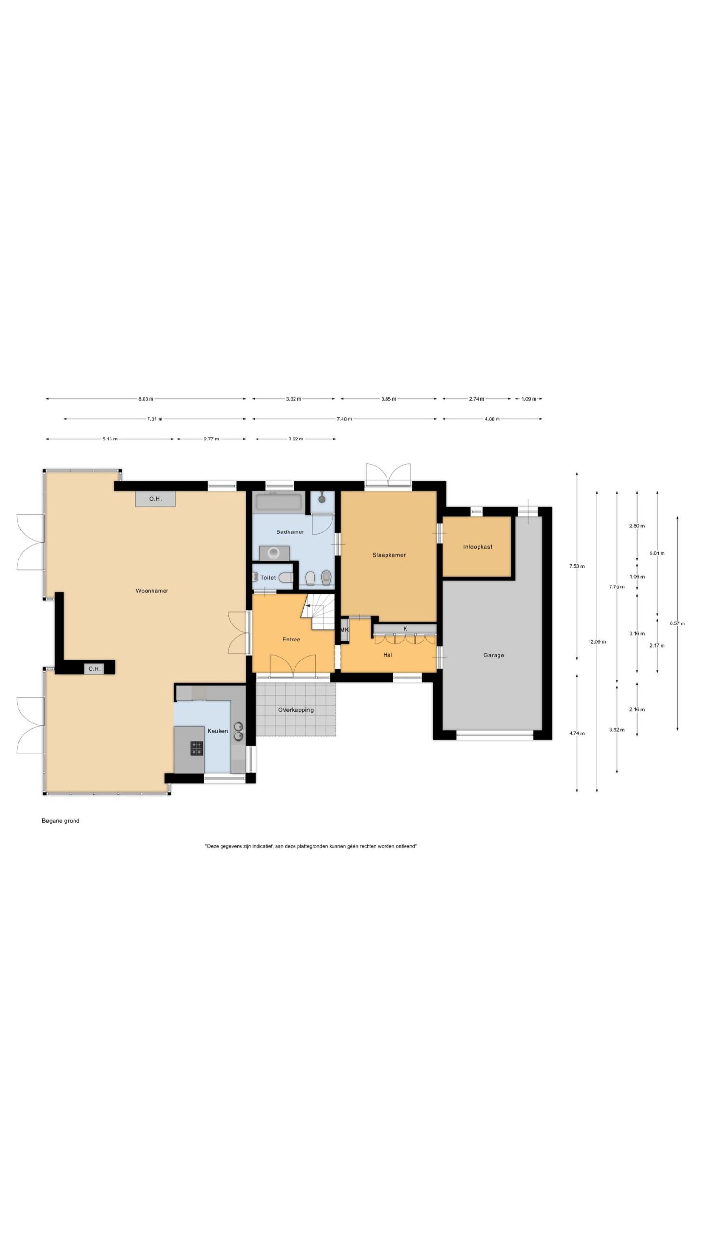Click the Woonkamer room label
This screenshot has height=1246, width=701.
(x=152, y=591)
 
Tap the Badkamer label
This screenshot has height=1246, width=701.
(x=290, y=532)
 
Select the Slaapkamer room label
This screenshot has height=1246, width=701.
(x=389, y=555)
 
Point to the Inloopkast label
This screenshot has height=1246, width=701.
(x=478, y=547)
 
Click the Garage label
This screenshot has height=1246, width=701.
(x=494, y=655)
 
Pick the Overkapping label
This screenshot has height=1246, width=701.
(x=295, y=710)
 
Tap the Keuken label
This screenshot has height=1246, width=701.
(x=218, y=731)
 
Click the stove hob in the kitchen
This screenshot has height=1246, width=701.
(x=197, y=748)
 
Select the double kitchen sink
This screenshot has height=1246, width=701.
(x=239, y=731)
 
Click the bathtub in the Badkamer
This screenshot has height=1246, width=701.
(x=278, y=501)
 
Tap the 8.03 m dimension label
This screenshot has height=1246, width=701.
(x=146, y=399)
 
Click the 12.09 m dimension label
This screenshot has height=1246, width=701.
(x=597, y=641)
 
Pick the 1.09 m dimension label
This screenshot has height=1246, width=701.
(x=529, y=399)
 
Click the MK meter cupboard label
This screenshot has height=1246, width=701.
(x=344, y=630)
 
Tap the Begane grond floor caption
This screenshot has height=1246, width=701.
(x=60, y=820)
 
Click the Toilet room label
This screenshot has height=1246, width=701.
(x=268, y=578)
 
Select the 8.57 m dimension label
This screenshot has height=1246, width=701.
(x=677, y=623)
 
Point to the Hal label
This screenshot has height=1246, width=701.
(x=387, y=655)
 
